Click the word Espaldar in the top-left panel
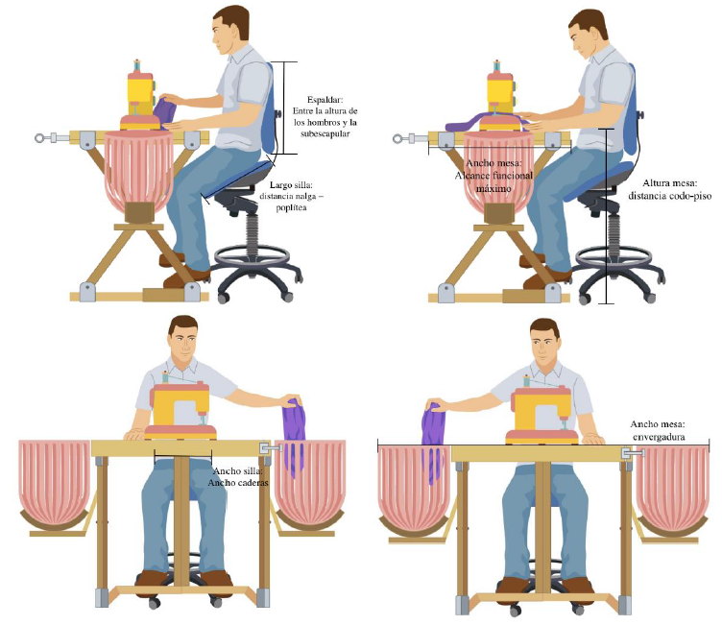coord(325,100)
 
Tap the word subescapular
coord(325,134)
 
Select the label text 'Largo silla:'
coord(291,184)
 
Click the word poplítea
coord(292,207)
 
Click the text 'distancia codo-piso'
coord(670,196)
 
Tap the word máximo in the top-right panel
coord(493,188)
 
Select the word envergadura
coord(659,437)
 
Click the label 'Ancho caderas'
coord(238,483)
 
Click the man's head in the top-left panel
coord(231,29)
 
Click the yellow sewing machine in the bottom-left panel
coord(180,409)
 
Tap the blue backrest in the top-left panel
coord(269,109)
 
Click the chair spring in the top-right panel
coord(614,235)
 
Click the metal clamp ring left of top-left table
coord(40,137)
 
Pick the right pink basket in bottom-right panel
coord(673,490)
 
